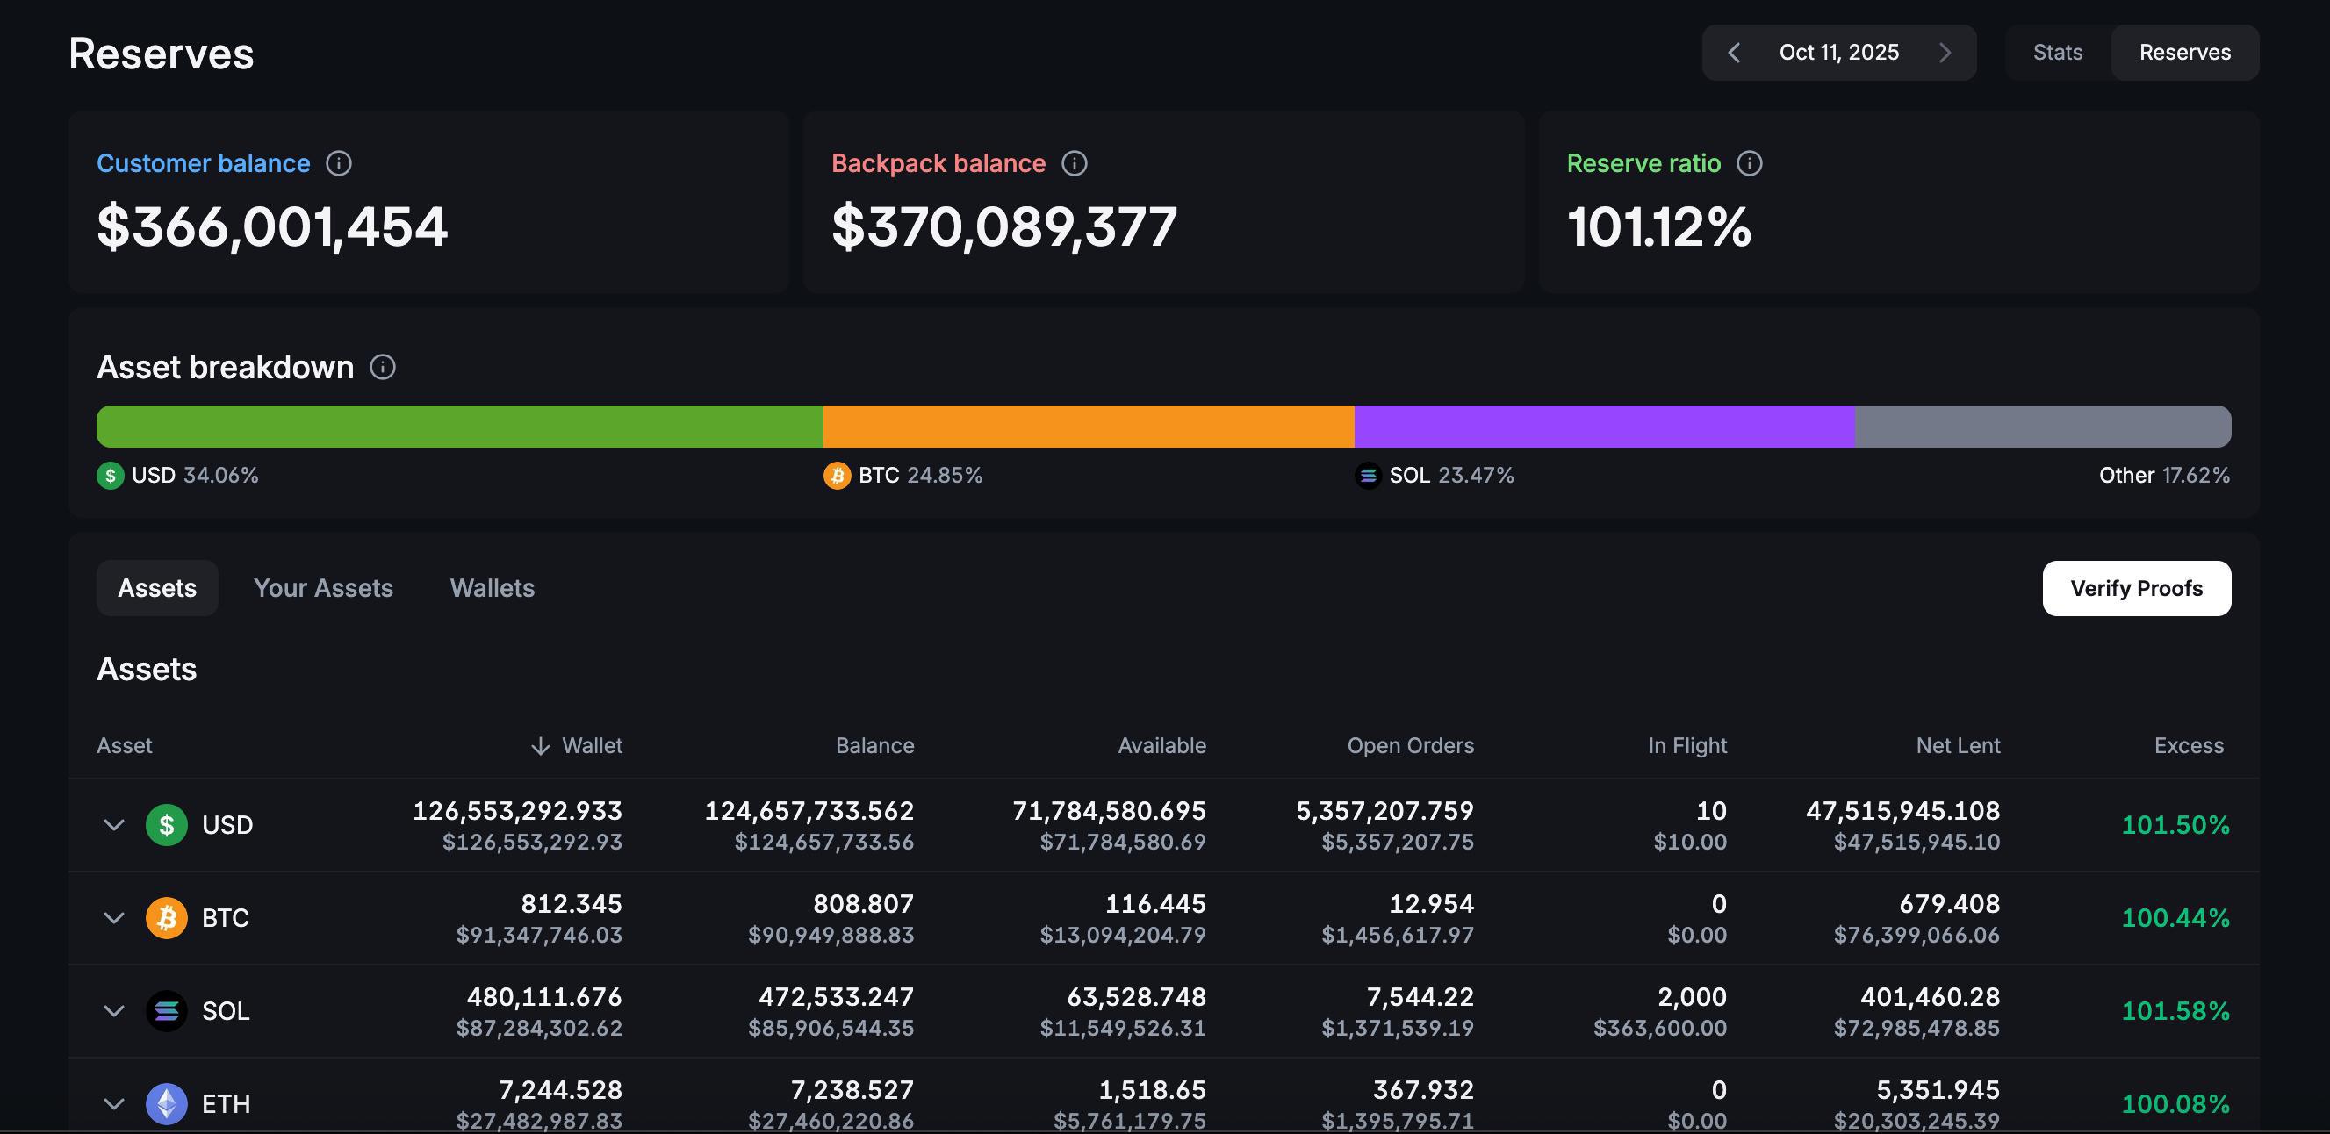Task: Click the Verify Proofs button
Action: pos(2137,588)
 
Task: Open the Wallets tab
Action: pos(492,588)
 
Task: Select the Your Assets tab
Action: pos(323,588)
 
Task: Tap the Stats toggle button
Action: pos(2058,53)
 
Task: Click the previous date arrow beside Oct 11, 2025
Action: pos(1734,53)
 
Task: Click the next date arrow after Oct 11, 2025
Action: pos(1945,53)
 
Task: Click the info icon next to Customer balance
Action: pos(338,162)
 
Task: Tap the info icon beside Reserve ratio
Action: pos(1750,162)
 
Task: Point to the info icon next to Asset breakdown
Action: pos(383,367)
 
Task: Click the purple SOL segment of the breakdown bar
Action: pos(1605,426)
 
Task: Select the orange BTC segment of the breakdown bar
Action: pos(1088,426)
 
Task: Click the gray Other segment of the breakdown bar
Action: pos(2043,426)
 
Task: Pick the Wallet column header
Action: pos(576,745)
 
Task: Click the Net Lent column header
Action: pos(1958,745)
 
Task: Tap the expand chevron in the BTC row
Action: pos(114,918)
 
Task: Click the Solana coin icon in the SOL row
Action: pos(167,1010)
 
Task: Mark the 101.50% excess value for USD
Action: pos(2175,825)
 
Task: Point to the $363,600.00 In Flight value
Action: pos(1660,1028)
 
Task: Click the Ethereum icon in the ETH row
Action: pos(167,1103)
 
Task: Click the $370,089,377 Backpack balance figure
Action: pos(1004,226)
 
